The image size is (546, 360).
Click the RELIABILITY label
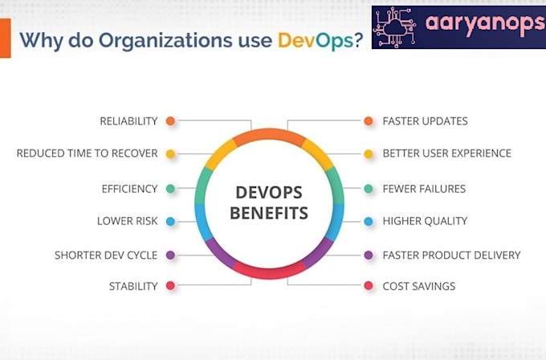tap(128, 121)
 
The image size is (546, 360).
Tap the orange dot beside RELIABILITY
tap(170, 121)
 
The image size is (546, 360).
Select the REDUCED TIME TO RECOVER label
tap(87, 153)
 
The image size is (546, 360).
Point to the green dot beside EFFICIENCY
tap(170, 189)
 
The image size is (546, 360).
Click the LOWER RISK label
tap(127, 221)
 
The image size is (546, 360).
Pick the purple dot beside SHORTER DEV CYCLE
tap(170, 256)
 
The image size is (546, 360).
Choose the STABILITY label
tap(132, 286)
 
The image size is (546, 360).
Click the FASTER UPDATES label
tap(425, 121)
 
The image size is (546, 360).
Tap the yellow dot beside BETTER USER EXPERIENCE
tap(369, 153)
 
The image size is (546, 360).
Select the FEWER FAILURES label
tap(424, 189)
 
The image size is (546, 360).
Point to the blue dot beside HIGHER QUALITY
tap(369, 221)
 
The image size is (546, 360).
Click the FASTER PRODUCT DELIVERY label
tap(451, 256)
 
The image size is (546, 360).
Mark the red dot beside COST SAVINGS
tap(369, 286)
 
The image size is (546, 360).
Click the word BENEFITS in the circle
tap(269, 214)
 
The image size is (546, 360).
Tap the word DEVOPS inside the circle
tap(269, 193)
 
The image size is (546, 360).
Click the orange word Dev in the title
tap(296, 41)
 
